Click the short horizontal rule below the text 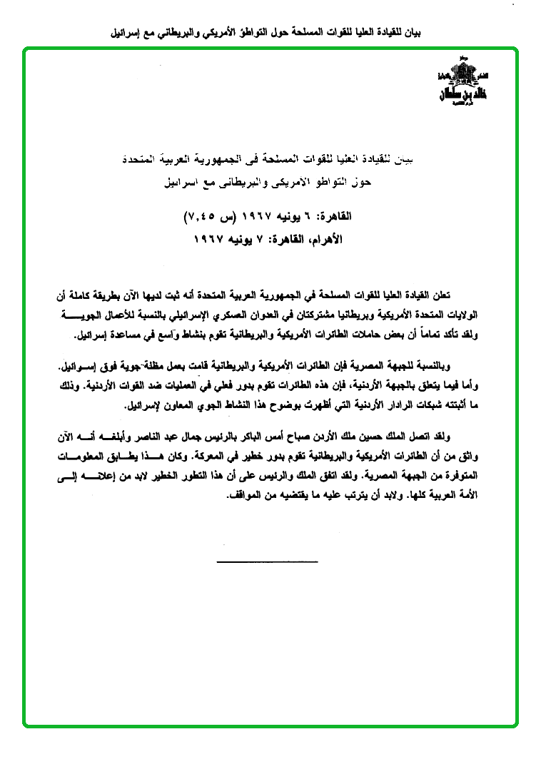point(267,562)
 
